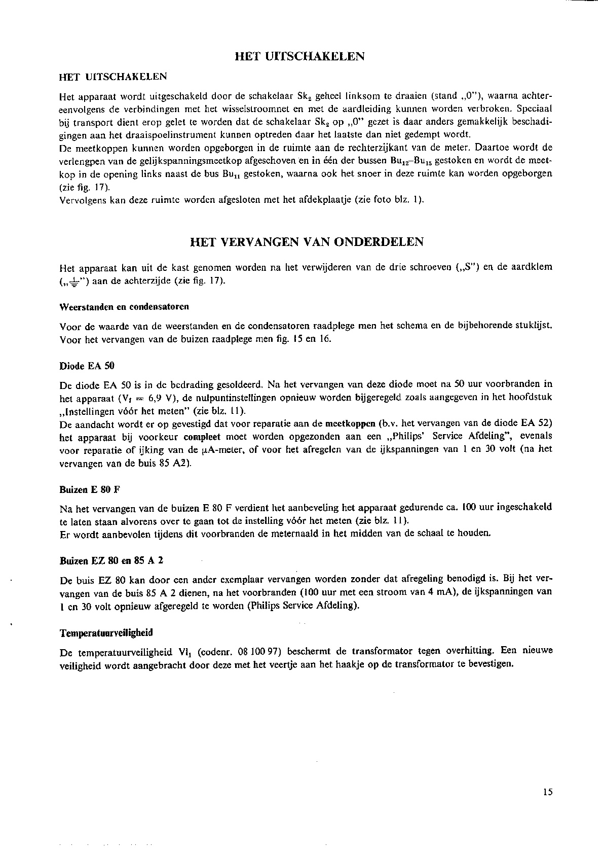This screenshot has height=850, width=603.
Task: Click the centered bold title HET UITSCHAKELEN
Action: [300, 56]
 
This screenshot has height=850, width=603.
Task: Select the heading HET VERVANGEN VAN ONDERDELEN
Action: [306, 242]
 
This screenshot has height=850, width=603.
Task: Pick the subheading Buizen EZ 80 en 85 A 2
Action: [111, 560]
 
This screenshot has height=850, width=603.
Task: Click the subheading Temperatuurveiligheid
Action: [106, 633]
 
